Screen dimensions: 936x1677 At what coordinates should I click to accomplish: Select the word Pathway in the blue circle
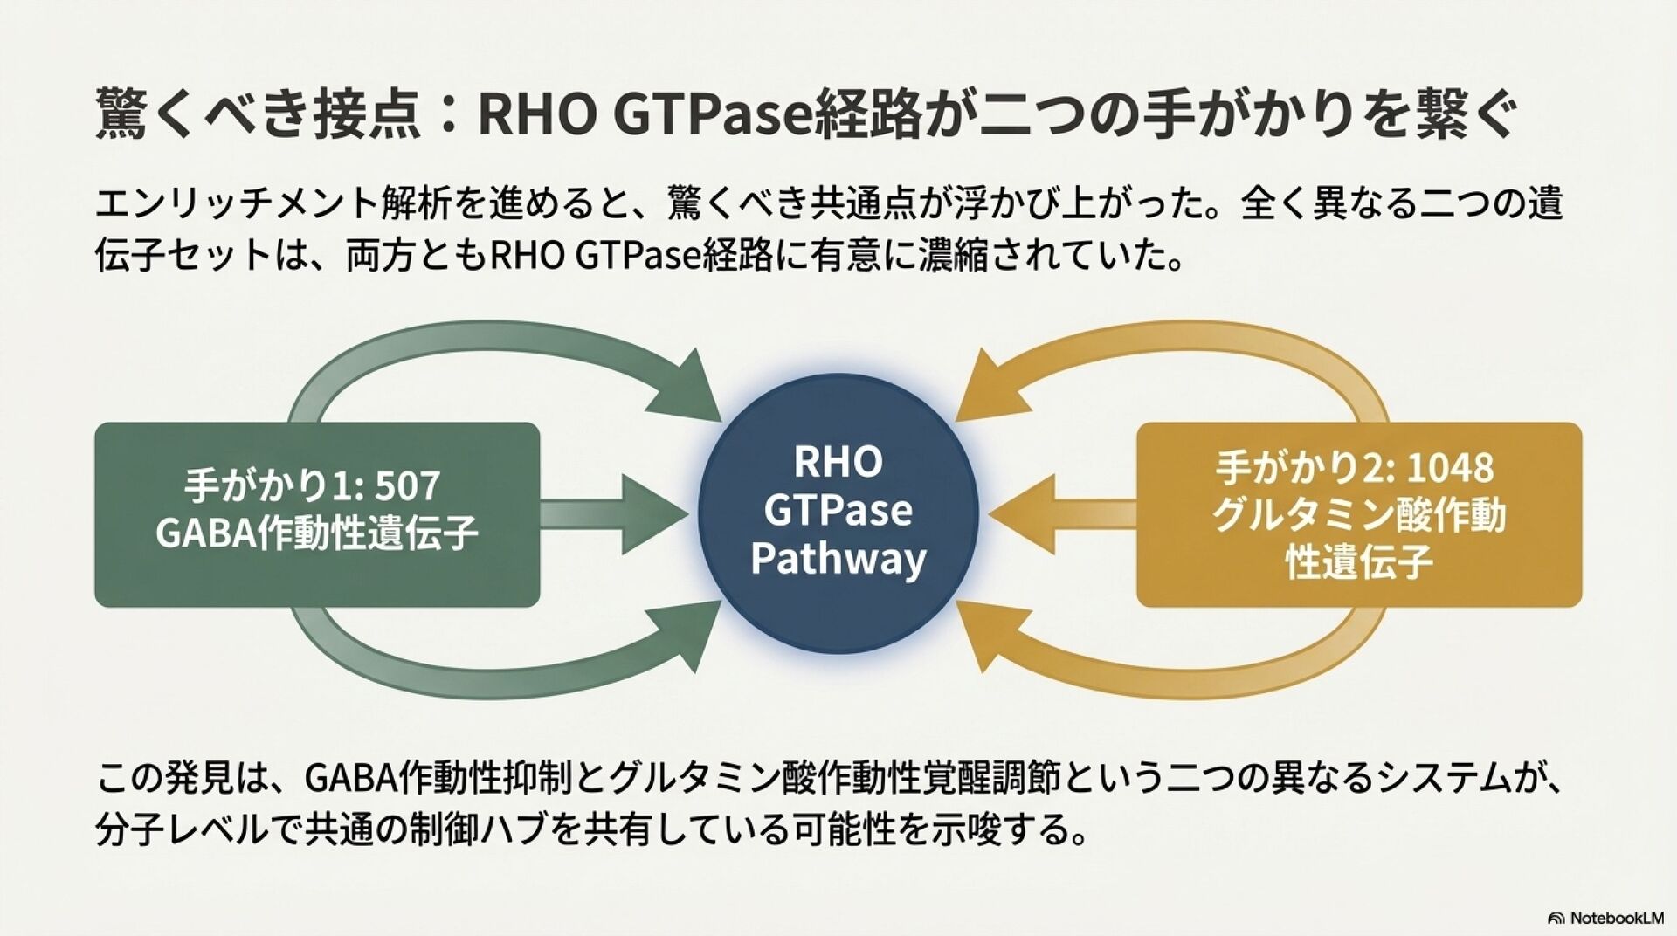click(838, 559)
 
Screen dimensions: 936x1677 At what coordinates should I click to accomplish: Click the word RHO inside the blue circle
click(838, 462)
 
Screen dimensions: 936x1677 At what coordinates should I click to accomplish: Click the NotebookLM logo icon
click(1556, 918)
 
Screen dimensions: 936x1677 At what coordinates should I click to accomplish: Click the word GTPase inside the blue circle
click(838, 510)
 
